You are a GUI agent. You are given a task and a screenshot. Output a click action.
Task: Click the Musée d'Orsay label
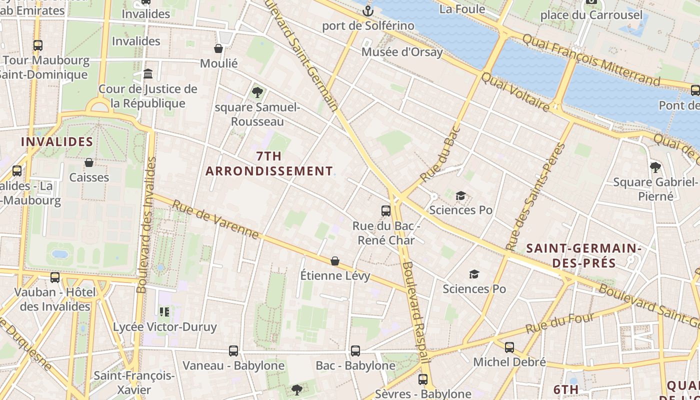402,52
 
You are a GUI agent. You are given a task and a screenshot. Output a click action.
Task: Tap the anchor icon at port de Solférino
368,10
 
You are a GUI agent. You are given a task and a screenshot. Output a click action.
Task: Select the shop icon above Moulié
218,48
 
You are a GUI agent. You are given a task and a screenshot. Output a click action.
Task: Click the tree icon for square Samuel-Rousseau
257,92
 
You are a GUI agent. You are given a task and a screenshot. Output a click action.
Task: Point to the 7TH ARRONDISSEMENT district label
269,163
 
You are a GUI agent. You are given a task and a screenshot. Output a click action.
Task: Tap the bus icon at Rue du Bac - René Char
385,210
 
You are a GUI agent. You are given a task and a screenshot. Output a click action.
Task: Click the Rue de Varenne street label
215,219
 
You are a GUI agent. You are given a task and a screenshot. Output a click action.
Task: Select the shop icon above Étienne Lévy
335,261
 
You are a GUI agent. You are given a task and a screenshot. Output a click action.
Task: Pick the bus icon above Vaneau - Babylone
233,351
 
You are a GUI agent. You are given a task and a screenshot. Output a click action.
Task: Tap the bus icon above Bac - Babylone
355,351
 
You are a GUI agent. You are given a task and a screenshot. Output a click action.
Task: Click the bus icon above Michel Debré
509,347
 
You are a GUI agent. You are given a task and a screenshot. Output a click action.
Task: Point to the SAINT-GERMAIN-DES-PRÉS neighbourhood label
584,255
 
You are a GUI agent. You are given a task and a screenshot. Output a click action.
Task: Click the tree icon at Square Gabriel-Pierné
655,167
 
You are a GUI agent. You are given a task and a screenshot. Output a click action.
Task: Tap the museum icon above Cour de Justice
148,74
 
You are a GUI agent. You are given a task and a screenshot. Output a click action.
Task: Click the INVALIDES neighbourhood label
57,142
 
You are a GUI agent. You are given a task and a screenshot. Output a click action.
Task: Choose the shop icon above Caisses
89,162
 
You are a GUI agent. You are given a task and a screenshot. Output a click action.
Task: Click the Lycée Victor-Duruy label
165,327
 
